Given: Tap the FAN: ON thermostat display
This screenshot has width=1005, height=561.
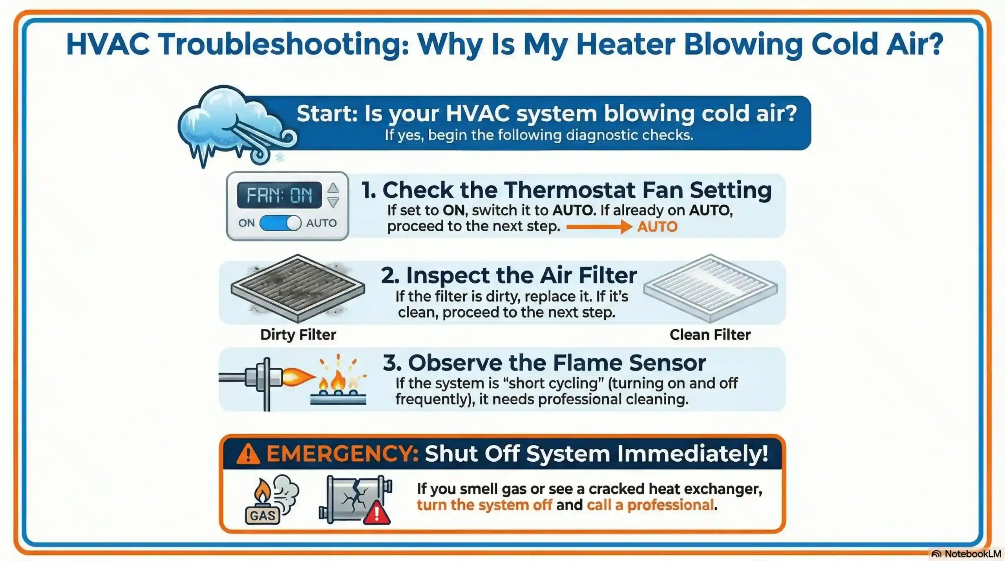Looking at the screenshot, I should pyautogui.click(x=279, y=195).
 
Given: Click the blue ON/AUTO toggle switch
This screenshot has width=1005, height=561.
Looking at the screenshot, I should pyautogui.click(x=280, y=223).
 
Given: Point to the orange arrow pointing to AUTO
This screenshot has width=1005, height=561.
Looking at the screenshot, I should pyautogui.click(x=599, y=227).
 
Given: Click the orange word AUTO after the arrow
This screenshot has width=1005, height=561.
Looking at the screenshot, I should pyautogui.click(x=657, y=227).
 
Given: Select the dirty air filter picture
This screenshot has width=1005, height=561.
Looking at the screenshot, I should pyautogui.click(x=298, y=289).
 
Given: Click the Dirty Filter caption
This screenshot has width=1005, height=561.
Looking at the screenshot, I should pyautogui.click(x=298, y=335).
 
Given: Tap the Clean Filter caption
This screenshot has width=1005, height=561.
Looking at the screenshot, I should pyautogui.click(x=710, y=335).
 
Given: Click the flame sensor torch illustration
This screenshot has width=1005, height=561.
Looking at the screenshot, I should pyautogui.click(x=267, y=379).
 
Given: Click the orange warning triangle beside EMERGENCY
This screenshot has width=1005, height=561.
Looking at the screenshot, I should pyautogui.click(x=248, y=455).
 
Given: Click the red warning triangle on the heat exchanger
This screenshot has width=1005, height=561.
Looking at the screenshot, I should pyautogui.click(x=377, y=513).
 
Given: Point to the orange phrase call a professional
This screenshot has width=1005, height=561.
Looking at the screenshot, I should pyautogui.click(x=650, y=505).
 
